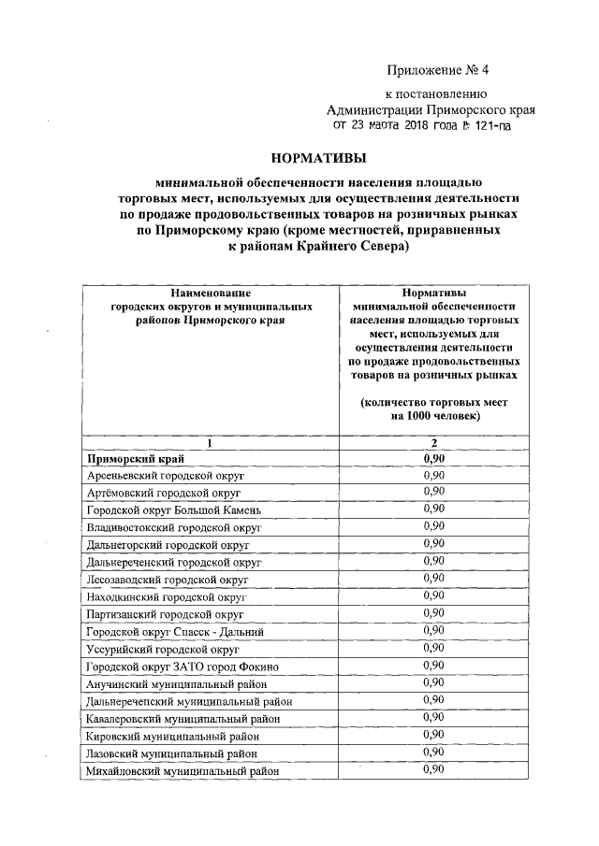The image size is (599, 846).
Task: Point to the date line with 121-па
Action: point(417,124)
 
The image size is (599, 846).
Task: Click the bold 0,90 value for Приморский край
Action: point(433,459)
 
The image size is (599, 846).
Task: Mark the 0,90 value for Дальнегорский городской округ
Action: point(433,544)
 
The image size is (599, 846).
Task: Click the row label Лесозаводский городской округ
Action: point(167,580)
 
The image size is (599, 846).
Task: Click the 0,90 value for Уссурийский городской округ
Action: point(433,648)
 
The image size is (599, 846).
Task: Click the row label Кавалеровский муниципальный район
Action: point(183,719)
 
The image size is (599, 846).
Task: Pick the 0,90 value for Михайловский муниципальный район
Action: point(433,769)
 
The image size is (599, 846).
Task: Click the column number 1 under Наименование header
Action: point(210,443)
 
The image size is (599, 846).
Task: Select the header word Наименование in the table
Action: point(210,293)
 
